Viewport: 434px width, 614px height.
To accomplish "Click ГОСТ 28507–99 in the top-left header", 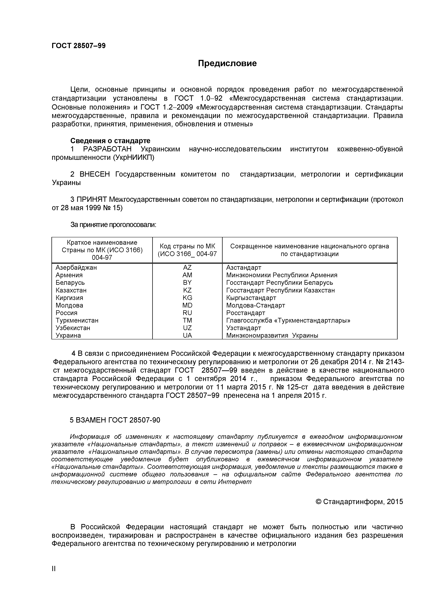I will tap(79, 46).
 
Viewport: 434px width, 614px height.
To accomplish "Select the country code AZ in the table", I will tap(187, 267).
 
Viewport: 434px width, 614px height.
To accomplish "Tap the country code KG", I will tap(187, 298).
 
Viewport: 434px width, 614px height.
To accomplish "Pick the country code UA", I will tap(187, 335).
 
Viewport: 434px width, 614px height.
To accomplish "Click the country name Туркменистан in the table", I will tap(77, 320).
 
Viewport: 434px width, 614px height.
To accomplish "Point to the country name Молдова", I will tap(69, 305).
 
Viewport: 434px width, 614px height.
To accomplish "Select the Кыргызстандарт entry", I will tap(251, 298).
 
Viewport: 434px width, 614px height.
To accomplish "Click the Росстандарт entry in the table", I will tap(246, 313).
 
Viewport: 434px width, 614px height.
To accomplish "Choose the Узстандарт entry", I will tap(243, 328).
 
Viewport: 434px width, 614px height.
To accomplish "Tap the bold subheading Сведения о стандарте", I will tap(110, 141).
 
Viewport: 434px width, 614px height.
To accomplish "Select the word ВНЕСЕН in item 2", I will tap(95, 174).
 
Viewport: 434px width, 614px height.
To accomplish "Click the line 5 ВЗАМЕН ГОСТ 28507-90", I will tap(115, 420).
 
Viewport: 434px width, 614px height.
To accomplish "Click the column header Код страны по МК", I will tap(187, 246).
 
